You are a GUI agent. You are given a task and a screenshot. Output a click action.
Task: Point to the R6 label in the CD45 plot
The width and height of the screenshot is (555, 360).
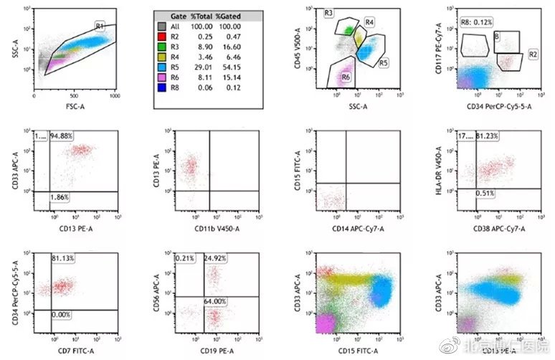346,77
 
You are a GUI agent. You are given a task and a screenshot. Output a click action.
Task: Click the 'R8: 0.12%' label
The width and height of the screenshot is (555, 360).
476,24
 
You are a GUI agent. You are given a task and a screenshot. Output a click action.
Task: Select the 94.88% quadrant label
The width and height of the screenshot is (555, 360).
62,136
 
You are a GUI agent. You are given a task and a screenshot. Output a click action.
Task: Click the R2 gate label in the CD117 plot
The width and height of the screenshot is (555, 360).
532,54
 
